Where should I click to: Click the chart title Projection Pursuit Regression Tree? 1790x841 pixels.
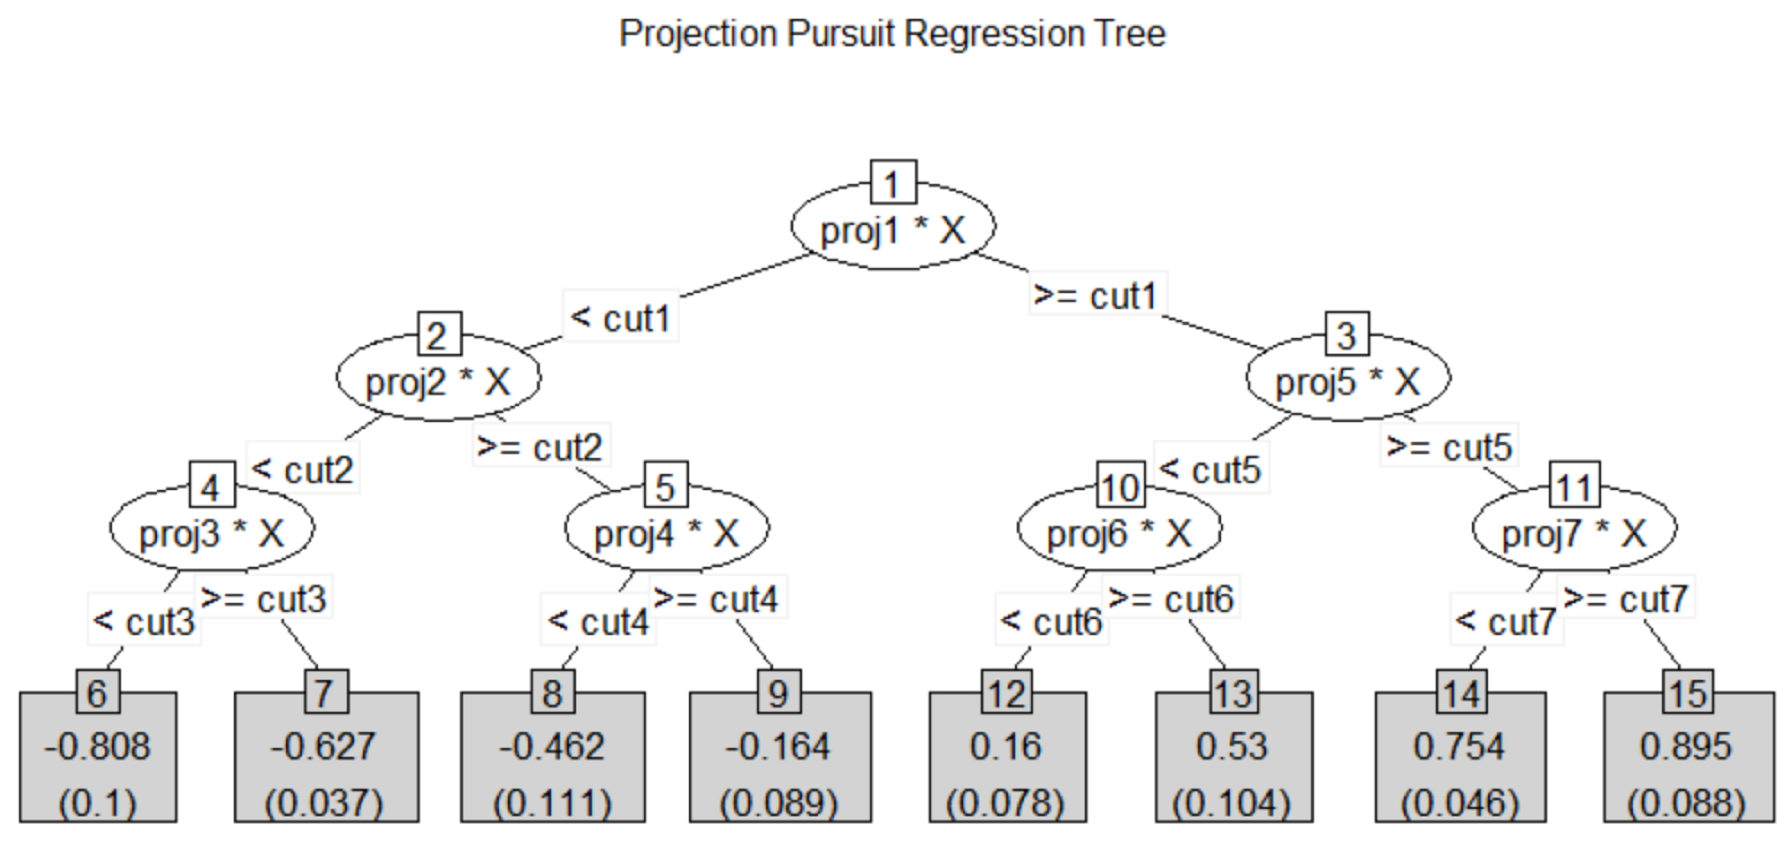(892, 34)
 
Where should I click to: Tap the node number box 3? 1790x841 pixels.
(1347, 335)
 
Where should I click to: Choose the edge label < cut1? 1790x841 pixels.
(620, 317)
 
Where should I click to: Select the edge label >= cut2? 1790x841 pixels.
(540, 446)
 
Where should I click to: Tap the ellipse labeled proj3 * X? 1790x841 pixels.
(212, 532)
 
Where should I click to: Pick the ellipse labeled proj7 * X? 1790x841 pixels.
(1574, 532)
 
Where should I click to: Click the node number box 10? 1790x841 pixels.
(1120, 486)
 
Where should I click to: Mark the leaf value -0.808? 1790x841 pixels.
(97, 746)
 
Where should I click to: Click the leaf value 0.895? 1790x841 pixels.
(1687, 746)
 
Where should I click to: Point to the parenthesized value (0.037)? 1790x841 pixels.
(324, 802)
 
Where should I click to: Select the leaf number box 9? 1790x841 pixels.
(778, 692)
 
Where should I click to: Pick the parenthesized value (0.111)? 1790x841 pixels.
(553, 802)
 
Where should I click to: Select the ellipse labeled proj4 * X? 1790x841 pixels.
(666, 532)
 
